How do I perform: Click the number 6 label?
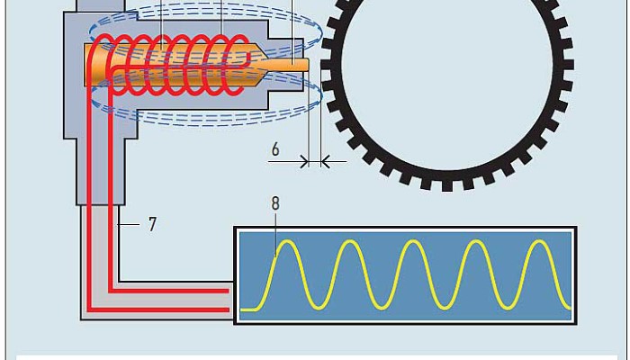click(276, 149)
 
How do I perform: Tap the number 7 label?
click(152, 224)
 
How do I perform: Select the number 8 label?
click(275, 203)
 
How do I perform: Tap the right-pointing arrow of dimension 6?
click(302, 162)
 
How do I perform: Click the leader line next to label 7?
click(131, 223)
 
